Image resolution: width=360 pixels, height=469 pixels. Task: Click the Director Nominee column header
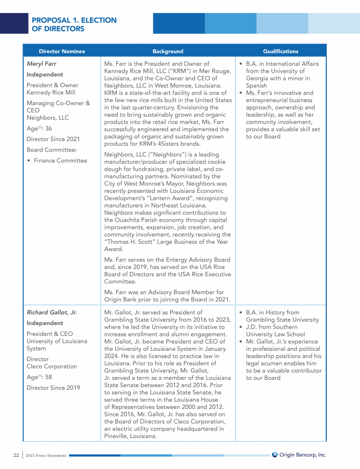(x=62, y=51)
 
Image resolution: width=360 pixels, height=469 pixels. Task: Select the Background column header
(x=168, y=51)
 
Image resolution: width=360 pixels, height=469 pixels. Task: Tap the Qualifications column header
(x=280, y=51)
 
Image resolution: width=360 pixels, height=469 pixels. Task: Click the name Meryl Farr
(x=41, y=64)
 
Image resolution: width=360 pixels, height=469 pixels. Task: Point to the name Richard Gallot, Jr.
(x=52, y=312)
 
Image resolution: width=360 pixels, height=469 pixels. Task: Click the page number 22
(x=16, y=455)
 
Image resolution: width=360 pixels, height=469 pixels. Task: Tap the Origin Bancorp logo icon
(x=275, y=454)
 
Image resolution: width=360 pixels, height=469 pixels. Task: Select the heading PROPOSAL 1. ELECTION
(x=74, y=20)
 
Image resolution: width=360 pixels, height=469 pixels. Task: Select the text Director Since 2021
(x=53, y=139)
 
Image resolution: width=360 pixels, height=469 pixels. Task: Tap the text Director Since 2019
(x=53, y=387)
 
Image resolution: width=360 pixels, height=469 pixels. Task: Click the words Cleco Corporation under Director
(x=52, y=366)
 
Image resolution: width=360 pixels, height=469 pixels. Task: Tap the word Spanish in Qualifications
(x=256, y=86)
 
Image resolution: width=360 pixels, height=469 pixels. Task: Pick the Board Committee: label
(x=52, y=150)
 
